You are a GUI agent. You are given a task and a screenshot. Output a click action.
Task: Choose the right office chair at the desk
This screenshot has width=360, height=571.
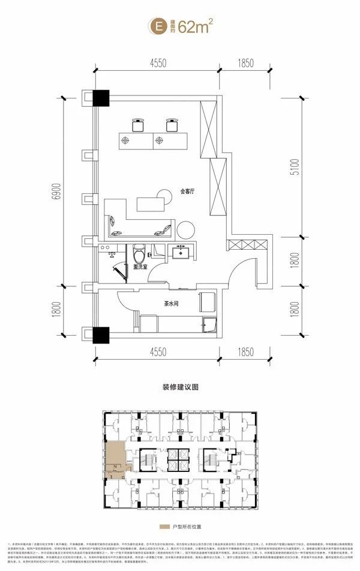tap(170, 124)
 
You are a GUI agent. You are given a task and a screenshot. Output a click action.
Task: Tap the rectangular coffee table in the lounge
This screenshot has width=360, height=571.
tap(149, 204)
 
